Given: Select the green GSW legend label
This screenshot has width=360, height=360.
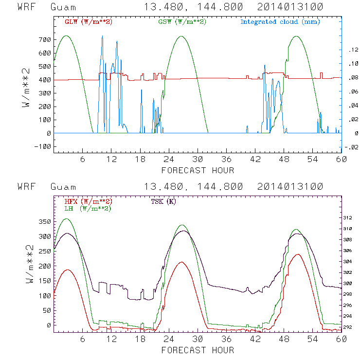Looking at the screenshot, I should (x=181, y=22).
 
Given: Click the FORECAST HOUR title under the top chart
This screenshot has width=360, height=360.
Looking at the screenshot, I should (x=198, y=170).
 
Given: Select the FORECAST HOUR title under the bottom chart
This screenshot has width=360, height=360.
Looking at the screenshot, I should (x=198, y=350).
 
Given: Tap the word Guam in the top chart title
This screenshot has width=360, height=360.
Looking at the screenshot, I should (x=63, y=7).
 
